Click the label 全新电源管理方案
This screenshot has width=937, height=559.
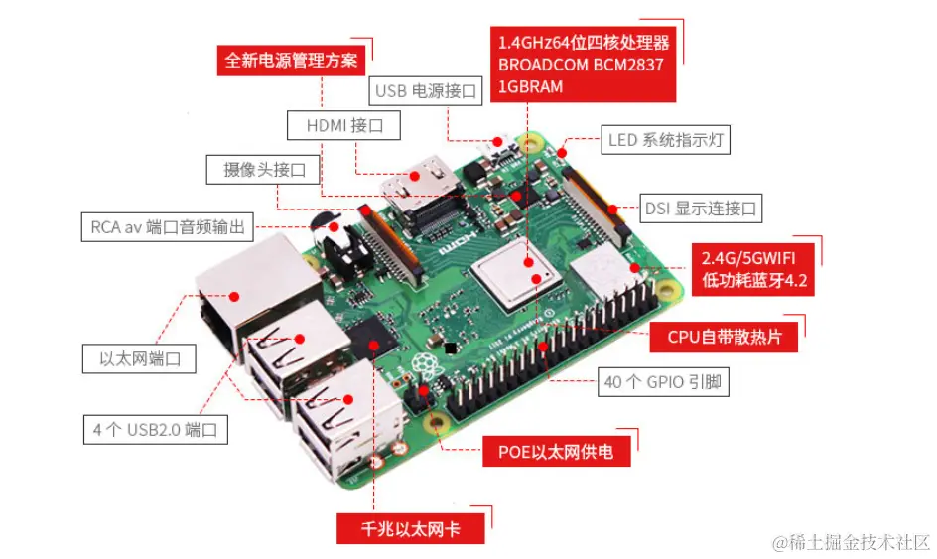[x=291, y=61]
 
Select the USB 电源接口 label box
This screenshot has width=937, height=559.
[x=426, y=91]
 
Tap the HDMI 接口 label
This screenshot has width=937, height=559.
[x=343, y=125]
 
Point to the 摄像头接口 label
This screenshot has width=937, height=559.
[x=263, y=170]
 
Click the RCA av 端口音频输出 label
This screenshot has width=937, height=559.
[x=168, y=227]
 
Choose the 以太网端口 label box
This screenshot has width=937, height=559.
[x=139, y=358]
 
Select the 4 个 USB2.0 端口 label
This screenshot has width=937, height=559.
[x=156, y=430]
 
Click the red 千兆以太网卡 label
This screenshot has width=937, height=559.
[x=411, y=528]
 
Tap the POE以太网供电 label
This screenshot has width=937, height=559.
[x=556, y=452]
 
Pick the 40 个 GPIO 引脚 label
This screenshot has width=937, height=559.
[x=663, y=382]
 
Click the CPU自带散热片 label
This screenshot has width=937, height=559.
[x=724, y=337]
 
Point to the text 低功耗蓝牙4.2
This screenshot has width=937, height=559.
[x=754, y=280]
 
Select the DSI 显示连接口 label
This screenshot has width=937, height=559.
[x=701, y=209]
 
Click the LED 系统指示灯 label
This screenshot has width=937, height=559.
[x=665, y=140]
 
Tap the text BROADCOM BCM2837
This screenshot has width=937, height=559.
[x=581, y=65]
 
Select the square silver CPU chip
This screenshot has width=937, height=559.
[x=514, y=274]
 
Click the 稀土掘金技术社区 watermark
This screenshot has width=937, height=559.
[x=852, y=542]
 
